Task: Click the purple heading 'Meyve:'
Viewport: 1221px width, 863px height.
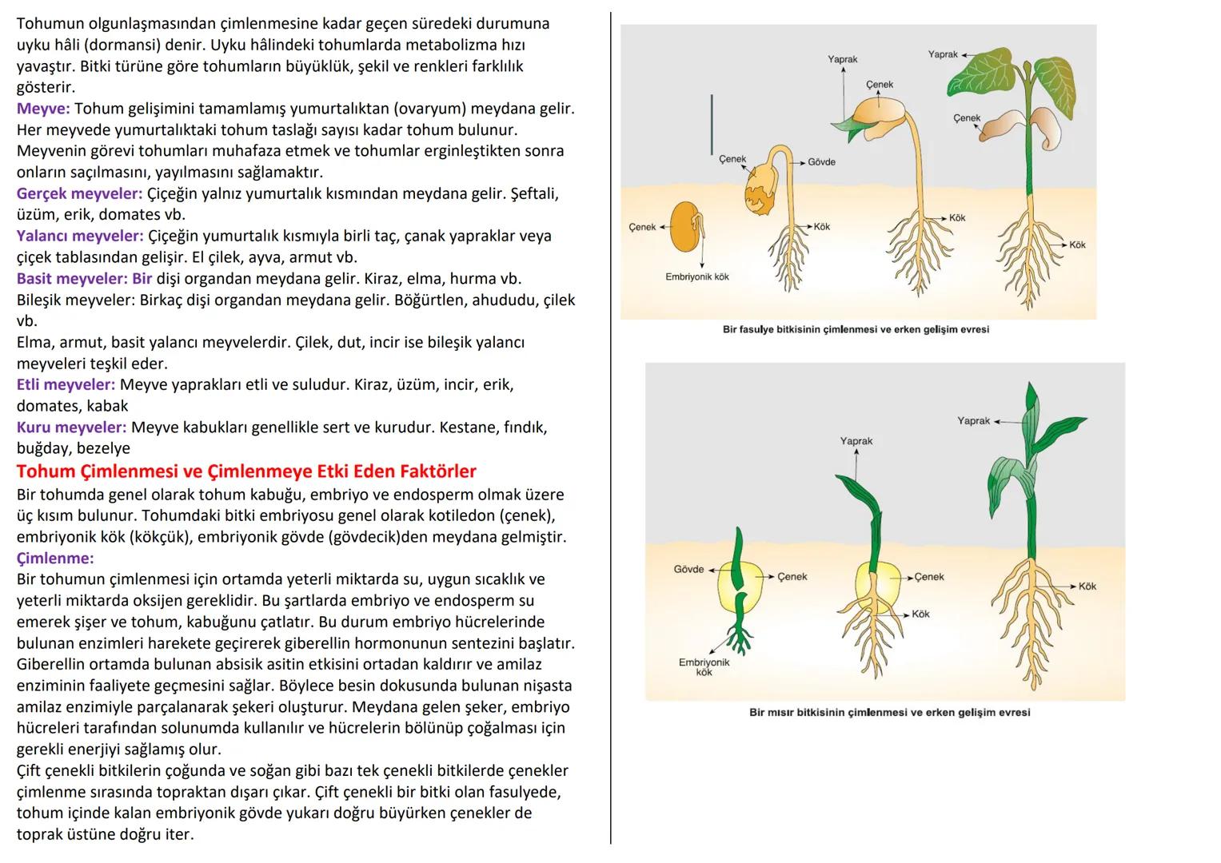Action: (x=43, y=109)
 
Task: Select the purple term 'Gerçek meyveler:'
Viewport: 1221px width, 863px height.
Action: (x=79, y=193)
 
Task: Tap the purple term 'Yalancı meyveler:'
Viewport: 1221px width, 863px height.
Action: (x=80, y=236)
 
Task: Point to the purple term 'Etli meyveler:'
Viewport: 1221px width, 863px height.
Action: (x=66, y=384)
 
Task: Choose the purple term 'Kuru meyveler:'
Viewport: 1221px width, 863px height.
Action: (x=71, y=428)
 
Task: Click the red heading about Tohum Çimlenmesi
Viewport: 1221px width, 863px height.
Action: (x=246, y=471)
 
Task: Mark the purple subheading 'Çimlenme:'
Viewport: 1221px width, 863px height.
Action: (x=55, y=558)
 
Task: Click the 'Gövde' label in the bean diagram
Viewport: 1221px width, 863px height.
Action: (x=821, y=162)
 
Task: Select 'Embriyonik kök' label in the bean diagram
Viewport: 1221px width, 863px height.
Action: (x=696, y=276)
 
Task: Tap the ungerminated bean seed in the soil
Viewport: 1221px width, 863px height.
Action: (x=685, y=228)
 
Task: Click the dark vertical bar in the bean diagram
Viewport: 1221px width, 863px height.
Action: (x=711, y=125)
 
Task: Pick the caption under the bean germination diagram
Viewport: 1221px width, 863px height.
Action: (x=856, y=329)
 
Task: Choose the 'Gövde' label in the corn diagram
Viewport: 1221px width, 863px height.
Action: (x=688, y=570)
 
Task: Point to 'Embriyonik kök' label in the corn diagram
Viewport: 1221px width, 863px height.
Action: (x=704, y=667)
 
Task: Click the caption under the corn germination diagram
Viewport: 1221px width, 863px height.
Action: (x=889, y=712)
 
